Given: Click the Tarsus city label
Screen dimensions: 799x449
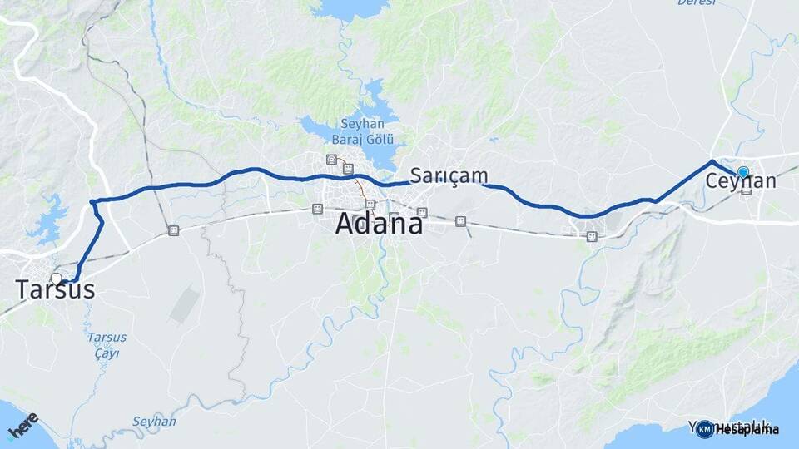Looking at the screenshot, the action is pyautogui.click(x=55, y=290).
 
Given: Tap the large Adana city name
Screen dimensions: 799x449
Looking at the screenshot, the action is pyautogui.click(x=380, y=224).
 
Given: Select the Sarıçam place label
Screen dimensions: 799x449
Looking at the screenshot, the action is pyautogui.click(x=449, y=175).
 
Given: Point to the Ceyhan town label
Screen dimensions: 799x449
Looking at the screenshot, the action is pyautogui.click(x=741, y=181).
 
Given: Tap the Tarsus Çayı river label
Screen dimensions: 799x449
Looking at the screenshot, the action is pyautogui.click(x=107, y=345).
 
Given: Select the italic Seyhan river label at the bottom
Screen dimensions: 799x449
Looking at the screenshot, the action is pyautogui.click(x=153, y=422).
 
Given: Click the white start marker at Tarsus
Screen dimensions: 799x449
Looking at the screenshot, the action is pyautogui.click(x=56, y=279).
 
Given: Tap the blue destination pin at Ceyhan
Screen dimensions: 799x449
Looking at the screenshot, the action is pyautogui.click(x=742, y=173).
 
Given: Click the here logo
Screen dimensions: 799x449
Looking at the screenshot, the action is pyautogui.click(x=22, y=427).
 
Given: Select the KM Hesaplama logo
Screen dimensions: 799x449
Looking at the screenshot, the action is pyautogui.click(x=738, y=429).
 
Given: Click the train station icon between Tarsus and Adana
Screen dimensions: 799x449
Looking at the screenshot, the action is pyautogui.click(x=173, y=230).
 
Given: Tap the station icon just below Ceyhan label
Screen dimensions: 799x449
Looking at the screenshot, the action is pyautogui.click(x=746, y=190).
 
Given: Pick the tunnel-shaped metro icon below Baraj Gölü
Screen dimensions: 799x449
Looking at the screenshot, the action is pyautogui.click(x=332, y=160).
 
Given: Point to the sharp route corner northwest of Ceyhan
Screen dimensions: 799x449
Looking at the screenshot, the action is pyautogui.click(x=712, y=160).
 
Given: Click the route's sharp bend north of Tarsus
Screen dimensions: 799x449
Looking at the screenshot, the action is pyautogui.click(x=92, y=201).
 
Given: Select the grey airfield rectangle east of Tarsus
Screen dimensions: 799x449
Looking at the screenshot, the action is pyautogui.click(x=185, y=305).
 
